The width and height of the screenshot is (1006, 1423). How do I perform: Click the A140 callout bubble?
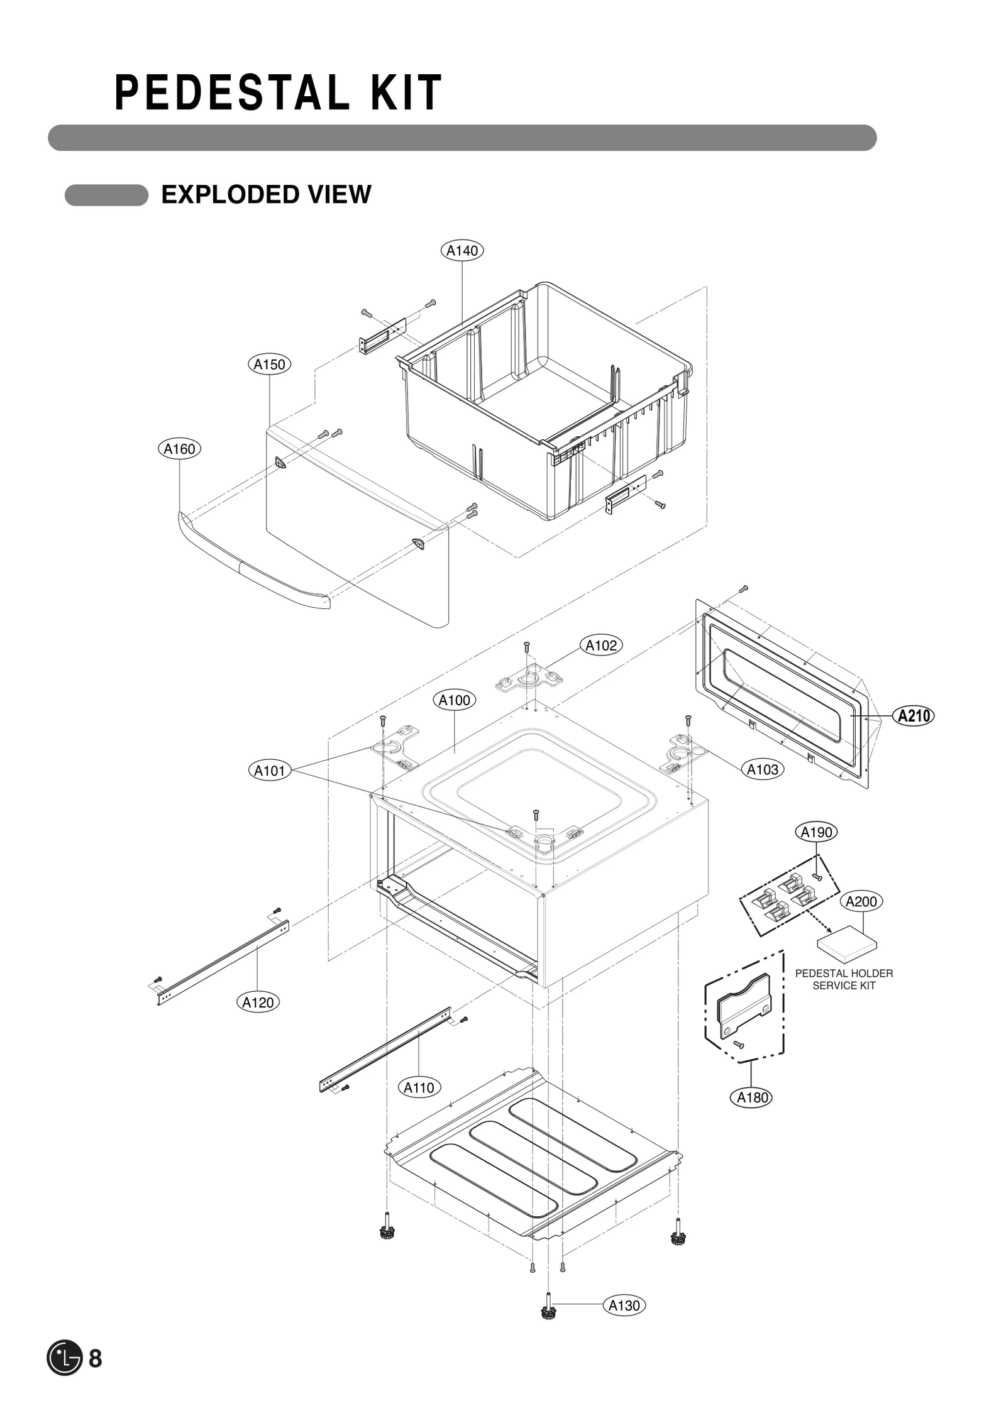coord(462,251)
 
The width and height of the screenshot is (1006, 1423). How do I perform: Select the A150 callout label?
coord(269,365)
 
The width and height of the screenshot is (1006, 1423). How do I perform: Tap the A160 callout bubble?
coord(179,449)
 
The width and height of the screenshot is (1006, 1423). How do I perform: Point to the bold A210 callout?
coord(914,716)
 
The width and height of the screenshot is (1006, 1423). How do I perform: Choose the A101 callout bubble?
coord(269,771)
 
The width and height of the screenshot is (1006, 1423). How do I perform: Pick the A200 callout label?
coord(861,901)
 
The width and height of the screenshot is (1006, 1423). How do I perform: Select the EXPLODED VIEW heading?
coord(266,195)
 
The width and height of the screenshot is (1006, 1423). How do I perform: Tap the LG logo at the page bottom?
coord(64,1358)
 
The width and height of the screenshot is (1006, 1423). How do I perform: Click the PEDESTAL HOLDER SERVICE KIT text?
coord(844,979)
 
